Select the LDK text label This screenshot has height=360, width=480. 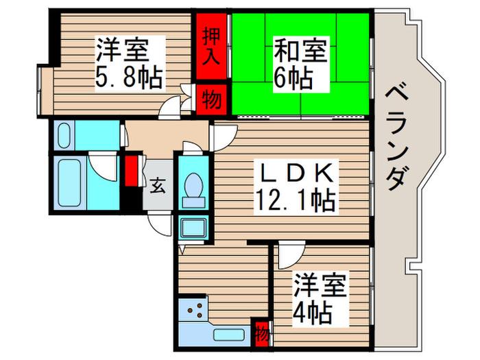296,173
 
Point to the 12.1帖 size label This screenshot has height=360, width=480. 295,200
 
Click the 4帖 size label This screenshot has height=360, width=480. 313,312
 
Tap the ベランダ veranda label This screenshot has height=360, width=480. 396,138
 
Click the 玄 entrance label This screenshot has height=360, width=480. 158,185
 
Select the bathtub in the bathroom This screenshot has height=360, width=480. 71,183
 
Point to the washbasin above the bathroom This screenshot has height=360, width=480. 64,136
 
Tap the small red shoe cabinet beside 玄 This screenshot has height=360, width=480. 131,171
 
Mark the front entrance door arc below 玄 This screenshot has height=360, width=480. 159,225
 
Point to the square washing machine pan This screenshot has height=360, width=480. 193,228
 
